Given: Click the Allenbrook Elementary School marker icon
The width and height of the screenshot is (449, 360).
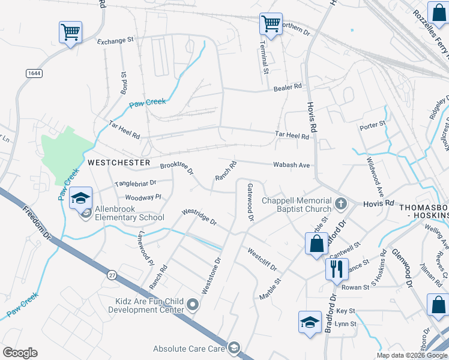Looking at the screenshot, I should tap(80, 197).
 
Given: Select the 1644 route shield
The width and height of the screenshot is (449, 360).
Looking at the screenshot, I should tap(34, 73).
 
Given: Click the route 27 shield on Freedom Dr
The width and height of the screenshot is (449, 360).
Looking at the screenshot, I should tap(112, 275).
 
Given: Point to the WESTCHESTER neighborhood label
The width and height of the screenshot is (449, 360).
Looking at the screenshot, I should tap(118, 163).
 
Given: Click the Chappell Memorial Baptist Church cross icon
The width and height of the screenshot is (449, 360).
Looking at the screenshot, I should tap(340, 205).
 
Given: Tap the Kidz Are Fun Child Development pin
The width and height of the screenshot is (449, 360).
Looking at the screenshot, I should tap(193, 305).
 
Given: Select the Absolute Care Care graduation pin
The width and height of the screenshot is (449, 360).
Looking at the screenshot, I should tap(234, 348).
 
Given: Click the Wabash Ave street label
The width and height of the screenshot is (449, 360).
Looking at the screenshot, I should tap(291, 164).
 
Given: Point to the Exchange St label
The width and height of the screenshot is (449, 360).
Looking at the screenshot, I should tap(115, 41).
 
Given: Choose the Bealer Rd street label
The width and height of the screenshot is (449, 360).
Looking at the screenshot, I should tap(288, 87).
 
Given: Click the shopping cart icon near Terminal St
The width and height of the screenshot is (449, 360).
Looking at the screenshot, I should tap(271, 25).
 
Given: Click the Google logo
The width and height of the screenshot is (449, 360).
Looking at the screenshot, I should tap(20, 353).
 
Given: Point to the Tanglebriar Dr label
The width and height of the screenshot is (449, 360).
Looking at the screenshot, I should tap(135, 183).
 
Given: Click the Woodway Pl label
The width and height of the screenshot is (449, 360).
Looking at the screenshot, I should tap(143, 197).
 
